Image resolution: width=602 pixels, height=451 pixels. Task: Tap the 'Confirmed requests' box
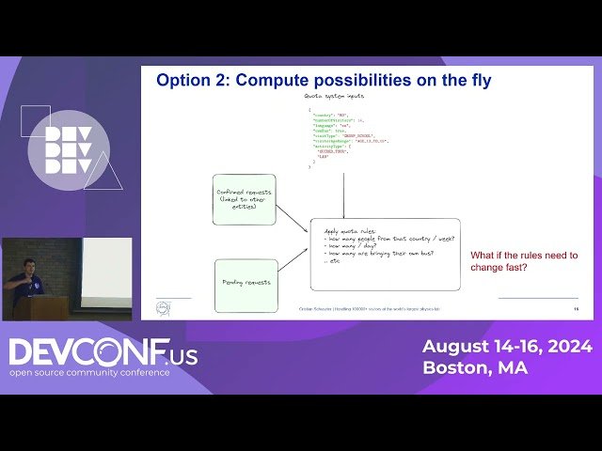[244, 199]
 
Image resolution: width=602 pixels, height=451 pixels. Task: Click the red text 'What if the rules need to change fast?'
[524, 261]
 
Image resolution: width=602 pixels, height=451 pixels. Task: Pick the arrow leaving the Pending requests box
[293, 266]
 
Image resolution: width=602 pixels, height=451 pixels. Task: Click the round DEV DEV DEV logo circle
[68, 150]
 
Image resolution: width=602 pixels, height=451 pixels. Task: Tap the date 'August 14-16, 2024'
[506, 346]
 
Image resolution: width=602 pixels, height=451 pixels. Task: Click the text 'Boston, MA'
[474, 367]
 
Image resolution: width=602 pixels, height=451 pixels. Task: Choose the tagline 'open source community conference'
[89, 372]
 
